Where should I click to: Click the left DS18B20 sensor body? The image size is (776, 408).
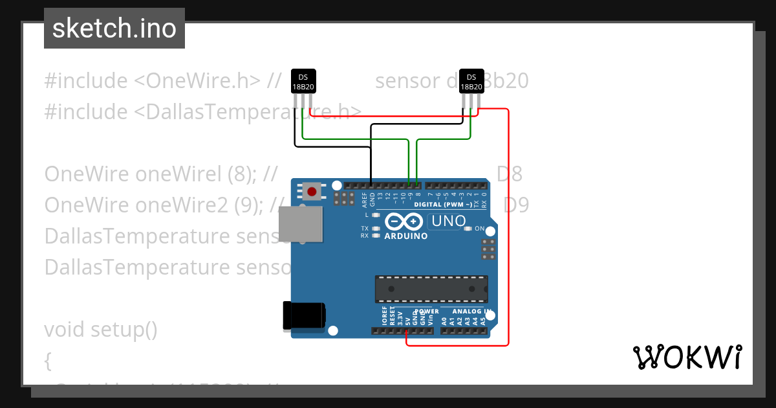[303, 82]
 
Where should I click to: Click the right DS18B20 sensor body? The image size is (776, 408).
[471, 82]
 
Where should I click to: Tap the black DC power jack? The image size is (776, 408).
[304, 317]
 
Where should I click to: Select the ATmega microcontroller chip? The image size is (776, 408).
[431, 289]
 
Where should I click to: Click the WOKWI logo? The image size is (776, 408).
[687, 357]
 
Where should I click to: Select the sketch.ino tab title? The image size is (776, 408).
[114, 28]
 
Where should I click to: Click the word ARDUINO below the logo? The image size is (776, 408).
[406, 236]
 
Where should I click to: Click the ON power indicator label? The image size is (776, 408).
[479, 229]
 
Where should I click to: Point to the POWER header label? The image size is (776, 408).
[418, 312]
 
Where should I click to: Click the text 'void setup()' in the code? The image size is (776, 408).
[101, 330]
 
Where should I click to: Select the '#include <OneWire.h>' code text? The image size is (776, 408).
[153, 81]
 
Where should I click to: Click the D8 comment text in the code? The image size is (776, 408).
[510, 174]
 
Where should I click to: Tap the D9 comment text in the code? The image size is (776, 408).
[516, 205]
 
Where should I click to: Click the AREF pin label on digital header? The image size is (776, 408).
[364, 198]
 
